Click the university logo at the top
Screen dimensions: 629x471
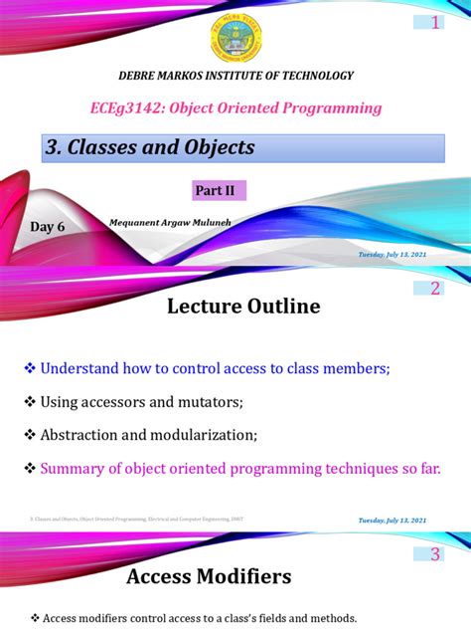pyautogui.click(x=235, y=37)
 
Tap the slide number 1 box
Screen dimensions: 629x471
pyautogui.click(x=434, y=24)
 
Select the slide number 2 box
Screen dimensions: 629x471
pyautogui.click(x=434, y=290)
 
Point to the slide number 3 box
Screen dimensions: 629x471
pyautogui.click(x=434, y=554)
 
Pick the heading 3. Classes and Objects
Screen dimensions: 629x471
pyautogui.click(x=151, y=147)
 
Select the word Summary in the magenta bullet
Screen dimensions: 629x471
pyautogui.click(x=71, y=468)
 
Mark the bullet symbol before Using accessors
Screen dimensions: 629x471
pyautogui.click(x=30, y=402)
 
